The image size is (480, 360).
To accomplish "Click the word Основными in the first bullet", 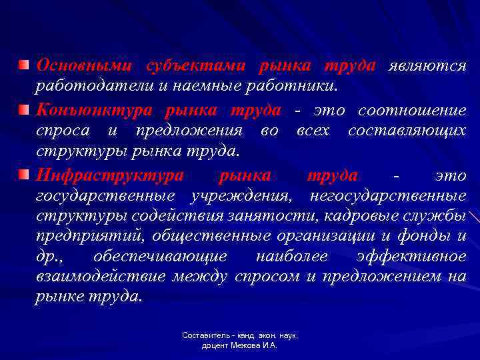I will [81, 66].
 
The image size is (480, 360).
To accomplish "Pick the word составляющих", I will [407, 131].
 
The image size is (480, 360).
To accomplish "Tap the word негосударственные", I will [388, 196].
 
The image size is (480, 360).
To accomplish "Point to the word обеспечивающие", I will [160, 257].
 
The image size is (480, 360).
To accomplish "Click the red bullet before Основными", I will [23, 65].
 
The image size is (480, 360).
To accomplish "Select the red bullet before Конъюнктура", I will [23, 109].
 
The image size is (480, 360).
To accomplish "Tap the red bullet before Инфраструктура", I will [23, 175].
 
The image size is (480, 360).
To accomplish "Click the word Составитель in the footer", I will [204, 336].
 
